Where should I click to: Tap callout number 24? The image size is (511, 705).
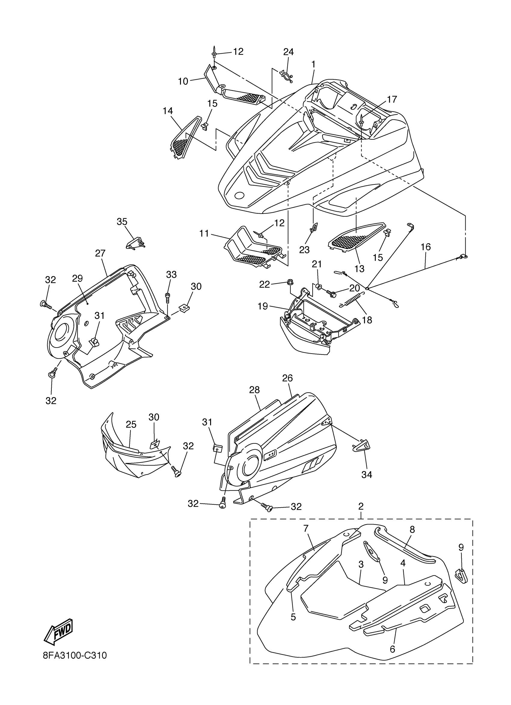point(288,52)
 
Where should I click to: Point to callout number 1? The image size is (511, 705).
point(314,64)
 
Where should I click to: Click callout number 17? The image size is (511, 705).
point(392,99)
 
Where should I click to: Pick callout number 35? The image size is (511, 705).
point(122,222)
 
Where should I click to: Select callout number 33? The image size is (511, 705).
point(171,275)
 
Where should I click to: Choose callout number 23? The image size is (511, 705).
point(305,250)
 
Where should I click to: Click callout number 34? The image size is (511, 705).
point(367,475)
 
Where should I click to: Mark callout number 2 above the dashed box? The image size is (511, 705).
point(361,506)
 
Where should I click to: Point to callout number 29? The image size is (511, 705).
point(78,278)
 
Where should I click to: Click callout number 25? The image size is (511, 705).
point(131,425)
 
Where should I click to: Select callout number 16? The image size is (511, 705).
point(425,247)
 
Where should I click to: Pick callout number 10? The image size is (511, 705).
point(183,81)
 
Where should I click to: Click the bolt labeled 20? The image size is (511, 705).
point(331,293)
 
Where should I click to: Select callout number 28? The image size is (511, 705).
point(254,390)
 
